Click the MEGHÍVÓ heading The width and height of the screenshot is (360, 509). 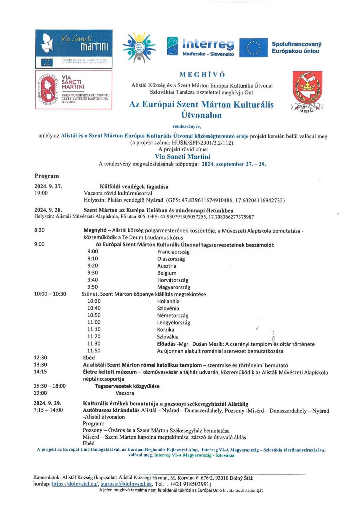[202, 75]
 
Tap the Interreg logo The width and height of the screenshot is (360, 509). [200, 46]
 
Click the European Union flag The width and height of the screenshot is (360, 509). [253, 47]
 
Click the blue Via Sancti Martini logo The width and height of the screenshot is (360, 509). [74, 49]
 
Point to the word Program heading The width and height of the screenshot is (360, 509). [47, 176]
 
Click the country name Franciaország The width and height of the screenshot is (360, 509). [173, 252]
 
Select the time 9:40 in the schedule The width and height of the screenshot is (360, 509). [93, 280]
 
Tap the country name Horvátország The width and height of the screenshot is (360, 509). [173, 280]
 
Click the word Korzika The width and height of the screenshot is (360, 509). [165, 329]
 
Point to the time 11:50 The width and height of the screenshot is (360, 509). [94, 351]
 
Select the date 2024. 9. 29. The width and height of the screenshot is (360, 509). [47, 403]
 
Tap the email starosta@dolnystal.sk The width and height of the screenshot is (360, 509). [127, 484]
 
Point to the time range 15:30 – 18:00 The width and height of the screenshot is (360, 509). [50, 386]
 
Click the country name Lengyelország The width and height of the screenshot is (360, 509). [173, 322]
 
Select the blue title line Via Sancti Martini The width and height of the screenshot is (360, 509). [182, 157]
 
